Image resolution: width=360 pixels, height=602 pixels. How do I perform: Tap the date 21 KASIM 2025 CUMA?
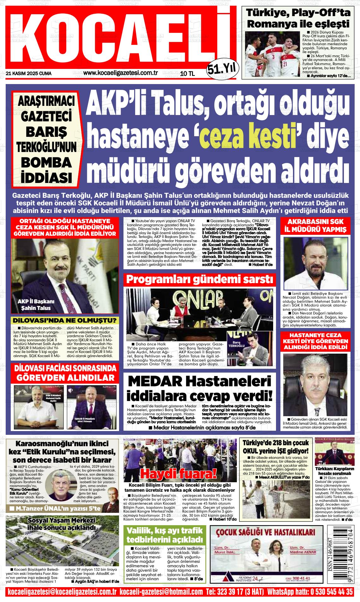(x=28, y=74)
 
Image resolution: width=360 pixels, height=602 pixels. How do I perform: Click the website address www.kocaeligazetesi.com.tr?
(x=120, y=73)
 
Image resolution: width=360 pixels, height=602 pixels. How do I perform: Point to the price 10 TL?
(x=187, y=74)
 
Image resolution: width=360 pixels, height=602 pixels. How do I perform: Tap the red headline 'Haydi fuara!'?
(x=178, y=473)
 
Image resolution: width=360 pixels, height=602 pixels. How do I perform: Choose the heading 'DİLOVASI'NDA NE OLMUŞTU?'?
(x=64, y=320)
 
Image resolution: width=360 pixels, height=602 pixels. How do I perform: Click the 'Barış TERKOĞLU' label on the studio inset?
(x=237, y=344)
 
